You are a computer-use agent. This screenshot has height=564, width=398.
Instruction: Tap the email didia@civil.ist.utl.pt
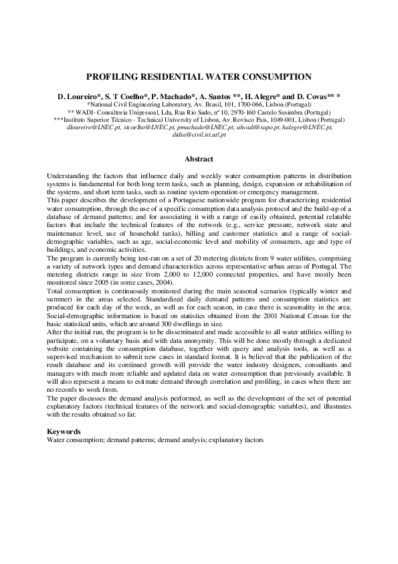(199, 135)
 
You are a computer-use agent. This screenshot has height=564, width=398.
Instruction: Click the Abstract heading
(199, 159)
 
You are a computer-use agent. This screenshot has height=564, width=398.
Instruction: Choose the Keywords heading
(64, 432)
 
